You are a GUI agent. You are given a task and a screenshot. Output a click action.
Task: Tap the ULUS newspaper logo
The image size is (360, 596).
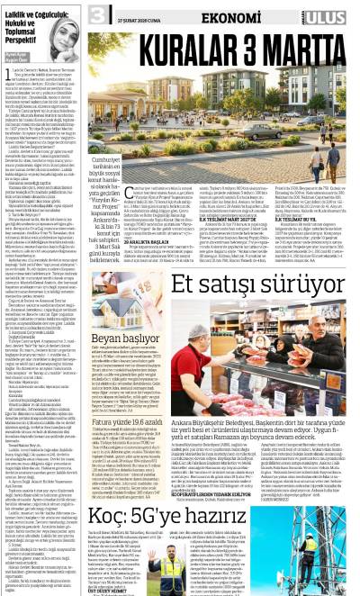pyautogui.click(x=331, y=13)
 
